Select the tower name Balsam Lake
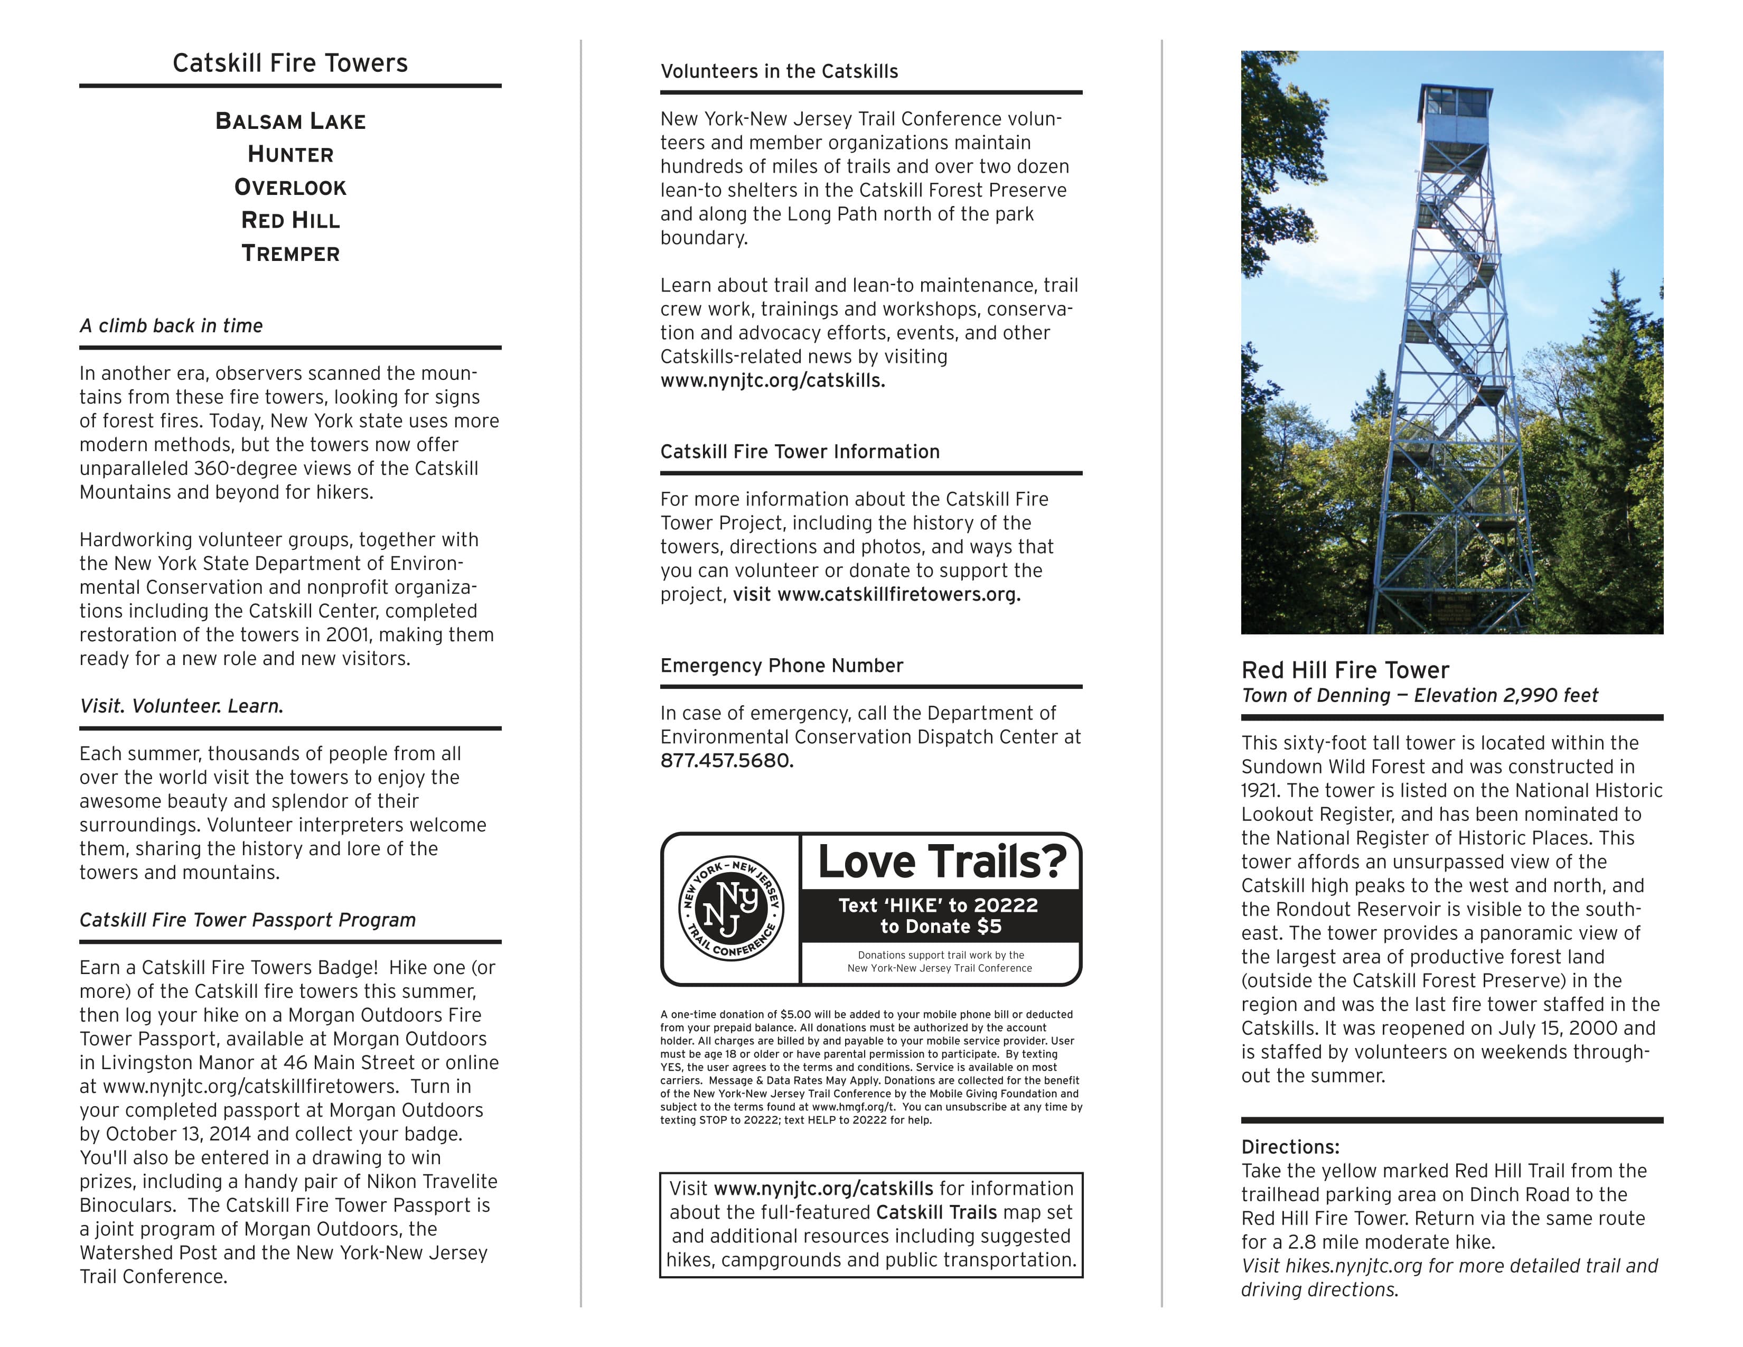pyautogui.click(x=290, y=121)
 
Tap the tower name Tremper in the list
pyautogui.click(x=290, y=254)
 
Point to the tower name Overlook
pyautogui.click(x=290, y=188)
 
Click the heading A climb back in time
pyautogui.click(x=171, y=325)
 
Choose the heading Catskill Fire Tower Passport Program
pyautogui.click(x=247, y=920)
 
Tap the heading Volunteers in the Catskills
pyautogui.click(x=779, y=72)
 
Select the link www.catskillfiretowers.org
pyautogui.click(x=898, y=594)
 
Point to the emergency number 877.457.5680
pyautogui.click(x=726, y=761)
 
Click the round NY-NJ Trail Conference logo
pyautogui.click(x=730, y=909)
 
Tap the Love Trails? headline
pyautogui.click(x=942, y=862)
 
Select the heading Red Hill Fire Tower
pyautogui.click(x=1345, y=670)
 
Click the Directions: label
pyautogui.click(x=1290, y=1147)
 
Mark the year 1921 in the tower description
pyautogui.click(x=1259, y=791)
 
